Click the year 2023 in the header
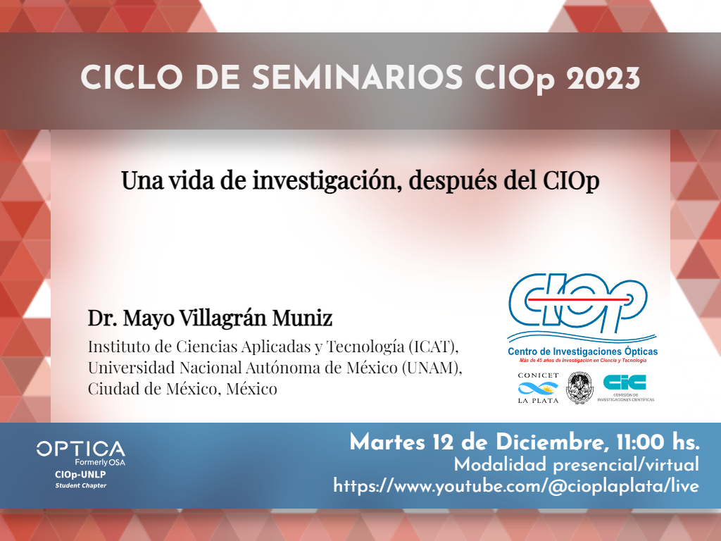[603, 77]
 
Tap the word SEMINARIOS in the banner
[357, 77]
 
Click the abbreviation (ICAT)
[433, 347]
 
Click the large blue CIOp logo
[578, 303]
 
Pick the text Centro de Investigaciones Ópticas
[582, 352]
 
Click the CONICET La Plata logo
[538, 388]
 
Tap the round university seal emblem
[579, 388]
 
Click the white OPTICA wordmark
[81, 449]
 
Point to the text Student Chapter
[81, 485]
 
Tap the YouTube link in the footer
[516, 486]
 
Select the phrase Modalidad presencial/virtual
[577, 465]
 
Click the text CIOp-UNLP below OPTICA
[80, 475]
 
